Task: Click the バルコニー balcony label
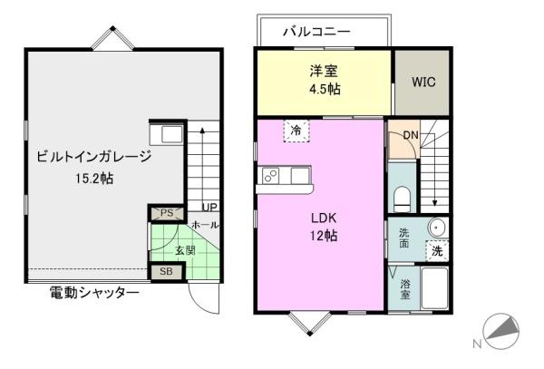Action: (x=316, y=32)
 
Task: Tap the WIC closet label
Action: (x=423, y=83)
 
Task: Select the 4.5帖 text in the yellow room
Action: (x=325, y=90)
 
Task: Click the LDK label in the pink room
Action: (x=324, y=218)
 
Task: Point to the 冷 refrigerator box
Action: (x=296, y=131)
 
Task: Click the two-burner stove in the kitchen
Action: (x=270, y=176)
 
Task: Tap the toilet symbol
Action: (x=402, y=199)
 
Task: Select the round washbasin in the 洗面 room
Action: (x=436, y=228)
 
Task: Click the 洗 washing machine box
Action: (x=437, y=251)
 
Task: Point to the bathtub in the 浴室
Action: (x=434, y=288)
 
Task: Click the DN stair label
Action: (x=411, y=135)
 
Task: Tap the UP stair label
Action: (x=209, y=208)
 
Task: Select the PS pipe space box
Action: (x=167, y=213)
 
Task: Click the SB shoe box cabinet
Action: (x=166, y=272)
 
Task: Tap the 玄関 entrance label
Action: (x=185, y=250)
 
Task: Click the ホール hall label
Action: (x=205, y=225)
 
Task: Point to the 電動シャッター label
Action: (x=94, y=294)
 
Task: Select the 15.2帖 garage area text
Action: (x=94, y=179)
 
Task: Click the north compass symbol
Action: (x=501, y=332)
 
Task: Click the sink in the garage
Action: (x=167, y=134)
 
